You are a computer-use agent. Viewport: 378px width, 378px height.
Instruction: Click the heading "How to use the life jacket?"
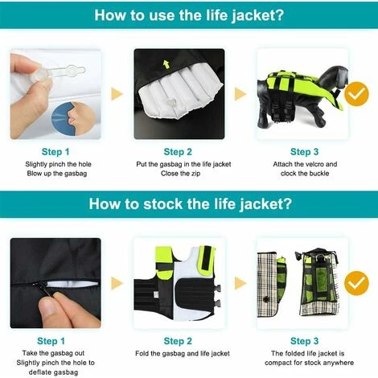click(x=189, y=15)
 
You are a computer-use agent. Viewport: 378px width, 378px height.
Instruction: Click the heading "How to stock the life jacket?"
click(x=190, y=203)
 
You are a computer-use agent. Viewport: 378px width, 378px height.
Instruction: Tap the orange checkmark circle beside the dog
click(x=356, y=94)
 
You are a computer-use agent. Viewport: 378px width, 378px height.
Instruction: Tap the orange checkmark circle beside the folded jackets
click(x=356, y=283)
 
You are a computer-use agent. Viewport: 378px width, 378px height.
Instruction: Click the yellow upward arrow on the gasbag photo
click(x=166, y=64)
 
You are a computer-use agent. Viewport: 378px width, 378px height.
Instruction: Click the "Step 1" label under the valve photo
click(x=55, y=152)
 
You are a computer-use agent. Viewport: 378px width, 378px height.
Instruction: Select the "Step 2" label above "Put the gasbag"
click(x=178, y=152)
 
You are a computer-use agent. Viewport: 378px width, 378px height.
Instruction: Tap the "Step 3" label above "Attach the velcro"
click(x=305, y=152)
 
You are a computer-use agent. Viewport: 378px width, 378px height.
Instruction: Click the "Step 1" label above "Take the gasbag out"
click(x=51, y=341)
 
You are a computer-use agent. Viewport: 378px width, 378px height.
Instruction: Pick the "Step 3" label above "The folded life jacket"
click(x=305, y=341)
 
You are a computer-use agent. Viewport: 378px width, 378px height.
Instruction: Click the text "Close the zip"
click(x=180, y=174)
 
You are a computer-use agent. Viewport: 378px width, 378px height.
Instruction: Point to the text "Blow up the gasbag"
click(x=57, y=174)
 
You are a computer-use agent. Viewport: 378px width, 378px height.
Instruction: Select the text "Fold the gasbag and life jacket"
click(x=183, y=354)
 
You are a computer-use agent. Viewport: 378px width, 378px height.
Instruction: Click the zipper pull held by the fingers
click(x=40, y=287)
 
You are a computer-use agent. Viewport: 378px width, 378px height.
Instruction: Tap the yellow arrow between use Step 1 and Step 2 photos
click(x=117, y=94)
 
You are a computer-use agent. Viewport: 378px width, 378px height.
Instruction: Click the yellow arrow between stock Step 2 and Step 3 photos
click(x=240, y=283)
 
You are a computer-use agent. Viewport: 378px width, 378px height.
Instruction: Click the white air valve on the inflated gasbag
click(x=171, y=103)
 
